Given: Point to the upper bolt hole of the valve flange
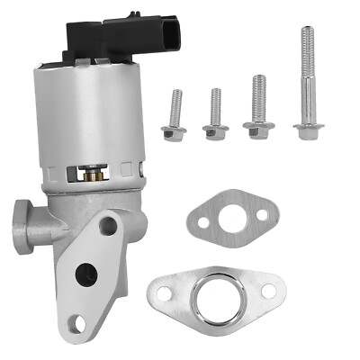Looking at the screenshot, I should click(108, 225).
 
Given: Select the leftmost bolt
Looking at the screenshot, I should click(173, 117).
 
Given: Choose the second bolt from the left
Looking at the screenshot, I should click(216, 115).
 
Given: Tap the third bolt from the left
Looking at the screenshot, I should click(257, 108).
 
